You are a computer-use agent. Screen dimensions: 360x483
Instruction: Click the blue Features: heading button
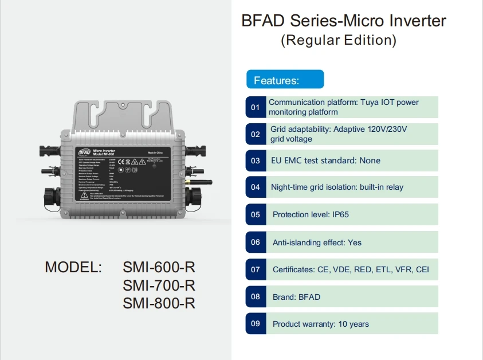285,80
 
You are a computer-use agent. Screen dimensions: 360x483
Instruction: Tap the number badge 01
256,107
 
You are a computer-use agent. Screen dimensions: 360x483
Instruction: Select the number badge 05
256,214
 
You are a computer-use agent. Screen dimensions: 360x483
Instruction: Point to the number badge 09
256,324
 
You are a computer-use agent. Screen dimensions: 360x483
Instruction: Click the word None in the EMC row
370,161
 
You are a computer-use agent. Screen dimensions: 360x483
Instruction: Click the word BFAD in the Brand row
309,297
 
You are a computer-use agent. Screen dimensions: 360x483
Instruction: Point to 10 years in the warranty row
354,324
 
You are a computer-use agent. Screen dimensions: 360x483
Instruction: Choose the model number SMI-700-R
159,285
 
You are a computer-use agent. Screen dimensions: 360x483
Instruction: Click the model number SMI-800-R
159,303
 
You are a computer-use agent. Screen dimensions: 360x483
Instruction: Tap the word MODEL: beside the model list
73,268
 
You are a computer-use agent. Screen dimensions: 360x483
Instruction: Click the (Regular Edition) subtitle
339,41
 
